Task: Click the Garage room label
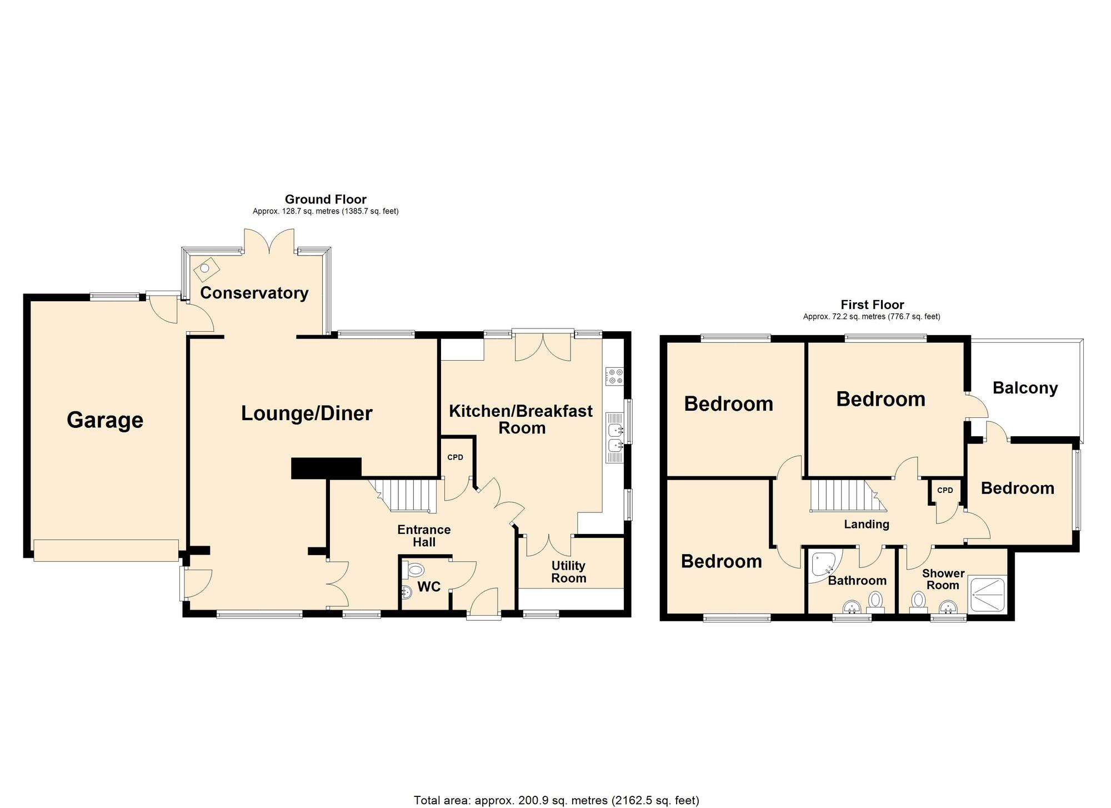105,420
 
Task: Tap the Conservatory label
254,293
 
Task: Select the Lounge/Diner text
307,413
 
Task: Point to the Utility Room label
568,572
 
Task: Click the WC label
429,586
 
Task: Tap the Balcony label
1025,388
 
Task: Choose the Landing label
867,524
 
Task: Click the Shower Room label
943,579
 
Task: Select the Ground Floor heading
326,199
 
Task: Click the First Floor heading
872,305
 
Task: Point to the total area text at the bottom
556,800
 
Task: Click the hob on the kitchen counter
615,376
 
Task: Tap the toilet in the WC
414,570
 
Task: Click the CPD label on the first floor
945,490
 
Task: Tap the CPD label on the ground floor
455,457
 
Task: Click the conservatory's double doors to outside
269,240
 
